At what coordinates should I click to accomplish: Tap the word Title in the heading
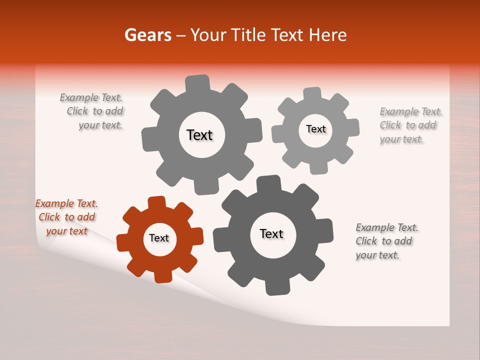(x=250, y=35)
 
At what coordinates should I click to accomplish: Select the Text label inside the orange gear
(x=159, y=238)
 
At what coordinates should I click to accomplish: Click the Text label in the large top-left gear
(x=199, y=135)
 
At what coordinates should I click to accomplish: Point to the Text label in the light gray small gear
(x=315, y=129)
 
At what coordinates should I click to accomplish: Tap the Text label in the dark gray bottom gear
(x=271, y=233)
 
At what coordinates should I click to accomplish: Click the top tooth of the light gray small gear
(x=312, y=93)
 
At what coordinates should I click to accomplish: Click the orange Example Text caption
(x=66, y=217)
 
